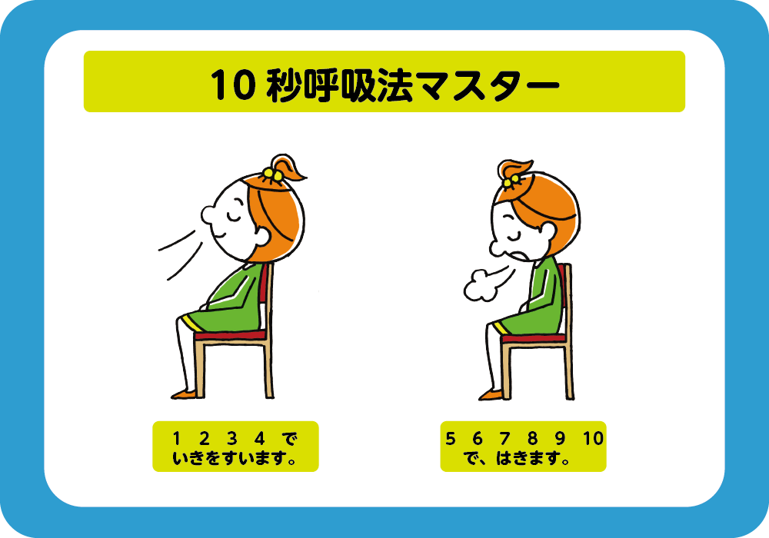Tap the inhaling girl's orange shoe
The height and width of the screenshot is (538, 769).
coord(183,394)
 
